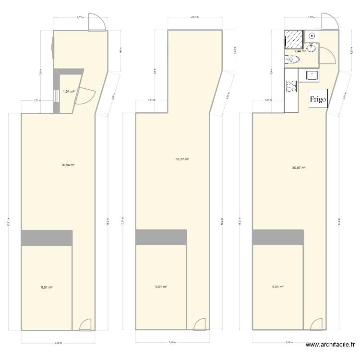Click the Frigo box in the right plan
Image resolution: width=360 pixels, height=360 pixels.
click(x=317, y=99)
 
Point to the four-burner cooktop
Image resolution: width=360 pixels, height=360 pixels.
click(x=291, y=86)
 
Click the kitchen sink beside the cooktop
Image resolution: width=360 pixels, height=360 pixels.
click(x=308, y=75)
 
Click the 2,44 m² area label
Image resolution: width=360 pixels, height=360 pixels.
click(x=300, y=51)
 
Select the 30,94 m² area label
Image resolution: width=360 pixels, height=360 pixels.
click(x=68, y=165)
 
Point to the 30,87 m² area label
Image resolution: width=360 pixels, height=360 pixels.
click(x=299, y=168)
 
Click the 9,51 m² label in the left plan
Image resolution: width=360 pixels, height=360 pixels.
click(x=46, y=287)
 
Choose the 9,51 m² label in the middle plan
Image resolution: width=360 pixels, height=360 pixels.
click(x=161, y=287)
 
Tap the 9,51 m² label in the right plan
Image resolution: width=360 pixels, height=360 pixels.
click(x=278, y=287)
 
